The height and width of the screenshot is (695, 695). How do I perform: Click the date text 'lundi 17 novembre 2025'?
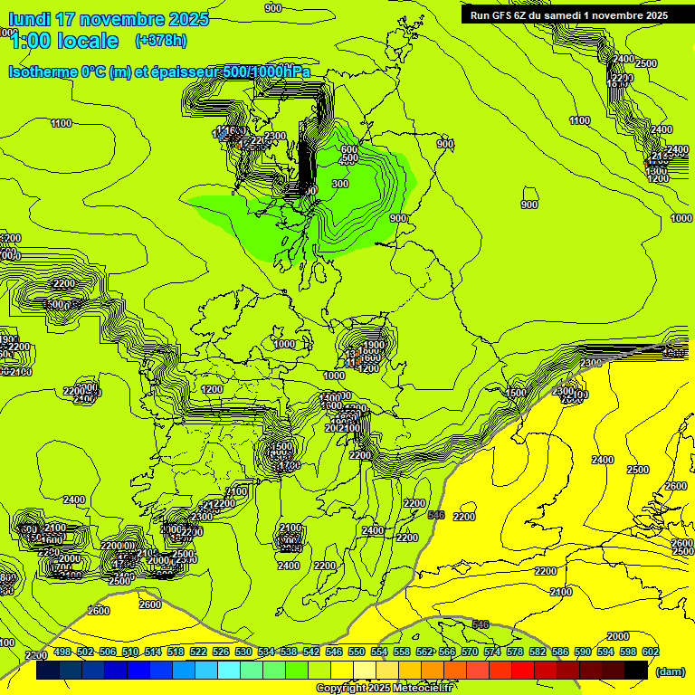(x=108, y=19)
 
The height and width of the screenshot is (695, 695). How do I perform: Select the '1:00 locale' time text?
(x=63, y=41)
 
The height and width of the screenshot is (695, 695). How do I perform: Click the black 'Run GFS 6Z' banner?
(x=568, y=14)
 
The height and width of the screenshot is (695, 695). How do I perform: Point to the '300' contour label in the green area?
(x=340, y=184)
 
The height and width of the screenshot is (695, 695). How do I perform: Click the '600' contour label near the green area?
(x=349, y=149)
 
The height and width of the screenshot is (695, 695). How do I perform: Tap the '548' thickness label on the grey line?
(x=436, y=514)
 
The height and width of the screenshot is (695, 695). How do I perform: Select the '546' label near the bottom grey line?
(x=481, y=624)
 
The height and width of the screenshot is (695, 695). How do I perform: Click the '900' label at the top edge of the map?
(x=273, y=7)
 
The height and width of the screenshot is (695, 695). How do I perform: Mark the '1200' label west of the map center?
(x=212, y=389)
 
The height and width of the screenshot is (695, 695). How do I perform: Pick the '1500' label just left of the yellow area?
(x=516, y=393)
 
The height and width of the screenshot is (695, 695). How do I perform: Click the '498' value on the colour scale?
(x=62, y=652)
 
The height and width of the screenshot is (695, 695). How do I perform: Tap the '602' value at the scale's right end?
(x=651, y=652)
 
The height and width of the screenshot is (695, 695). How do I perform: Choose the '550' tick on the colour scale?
(x=357, y=652)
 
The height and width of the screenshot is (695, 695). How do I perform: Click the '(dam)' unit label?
(x=671, y=671)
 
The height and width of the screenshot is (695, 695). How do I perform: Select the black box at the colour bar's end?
(x=636, y=671)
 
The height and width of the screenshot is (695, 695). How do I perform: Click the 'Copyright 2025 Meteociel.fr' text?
(x=384, y=688)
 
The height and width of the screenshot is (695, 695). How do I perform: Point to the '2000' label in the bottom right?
(x=618, y=636)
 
